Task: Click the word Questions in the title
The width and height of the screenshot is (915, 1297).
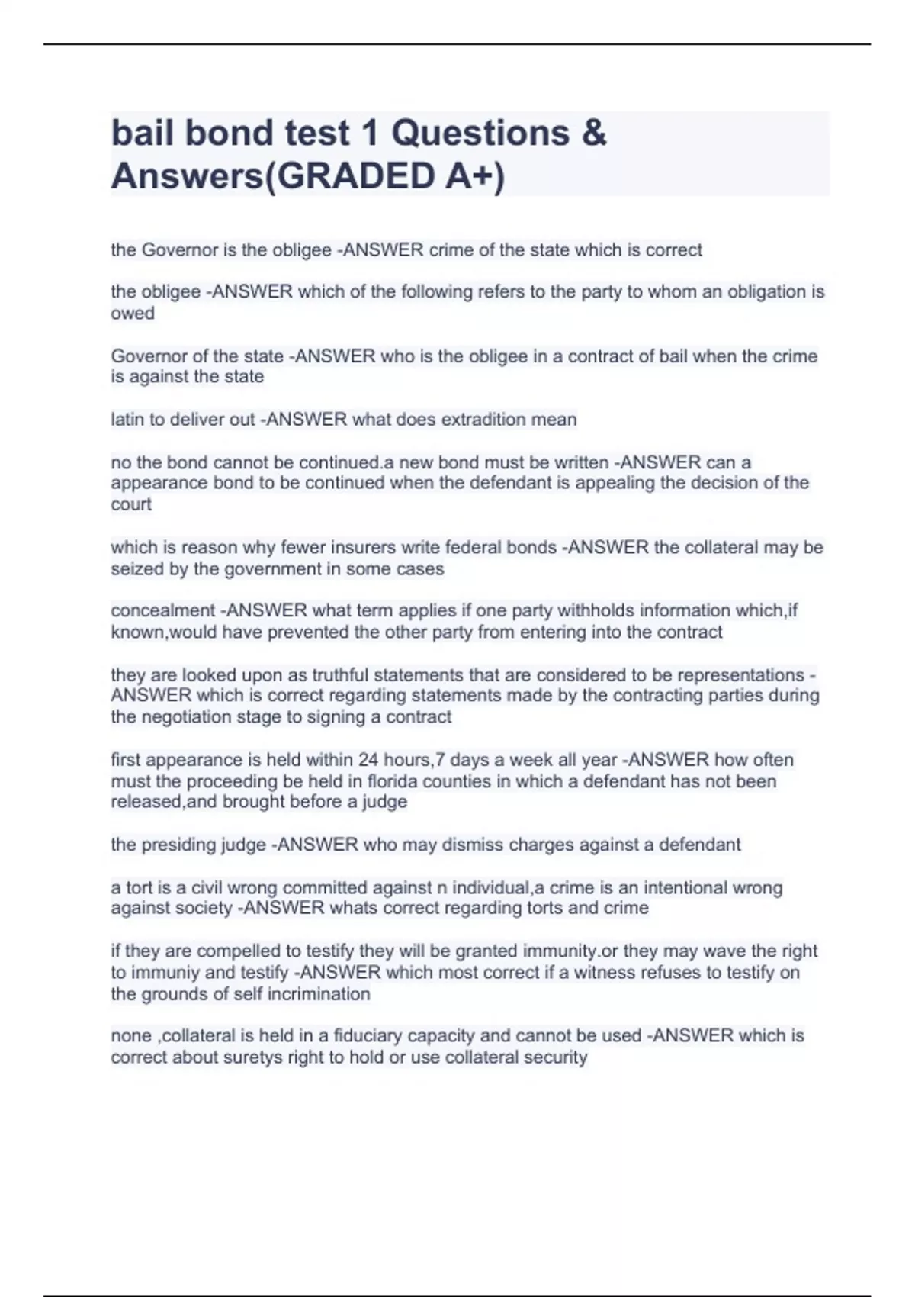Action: point(480,133)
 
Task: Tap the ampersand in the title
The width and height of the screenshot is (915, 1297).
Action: point(594,133)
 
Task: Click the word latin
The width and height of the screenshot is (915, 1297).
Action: point(127,420)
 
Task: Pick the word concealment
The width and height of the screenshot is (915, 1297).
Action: point(162,610)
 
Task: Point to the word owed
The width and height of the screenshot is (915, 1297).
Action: point(133,314)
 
